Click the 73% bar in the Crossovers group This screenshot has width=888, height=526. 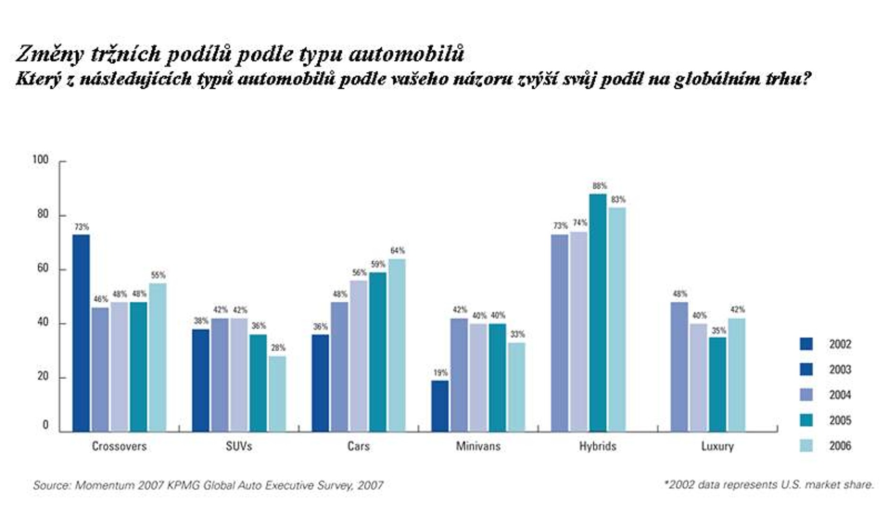[81, 333]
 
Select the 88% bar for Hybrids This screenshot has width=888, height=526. [598, 313]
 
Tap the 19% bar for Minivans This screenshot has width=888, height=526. [440, 406]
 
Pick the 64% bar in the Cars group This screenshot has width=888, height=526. [397, 345]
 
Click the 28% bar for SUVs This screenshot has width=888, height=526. [277, 393]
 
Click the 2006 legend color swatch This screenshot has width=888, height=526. [806, 446]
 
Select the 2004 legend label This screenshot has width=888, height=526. [840, 395]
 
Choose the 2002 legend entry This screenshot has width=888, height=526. [840, 344]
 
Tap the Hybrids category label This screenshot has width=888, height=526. [598, 446]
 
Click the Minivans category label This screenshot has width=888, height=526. [478, 446]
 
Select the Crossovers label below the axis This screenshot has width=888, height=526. [119, 446]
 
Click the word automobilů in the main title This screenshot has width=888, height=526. [406, 54]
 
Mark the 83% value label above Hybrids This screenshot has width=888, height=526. [618, 200]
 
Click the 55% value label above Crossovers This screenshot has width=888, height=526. [158, 275]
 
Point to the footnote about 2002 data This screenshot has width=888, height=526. [768, 485]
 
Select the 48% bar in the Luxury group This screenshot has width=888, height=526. [679, 366]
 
